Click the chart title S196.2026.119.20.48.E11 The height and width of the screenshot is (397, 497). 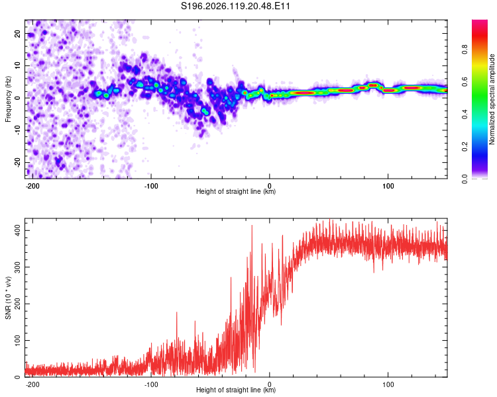pos(235,6)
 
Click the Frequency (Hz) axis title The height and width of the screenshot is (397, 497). pos(8,99)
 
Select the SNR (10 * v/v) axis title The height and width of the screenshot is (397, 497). pos(8,298)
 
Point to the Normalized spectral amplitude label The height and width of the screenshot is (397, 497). pos(492,99)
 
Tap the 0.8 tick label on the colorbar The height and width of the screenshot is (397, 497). pos(465,50)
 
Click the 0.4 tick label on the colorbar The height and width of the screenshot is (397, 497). pos(465,114)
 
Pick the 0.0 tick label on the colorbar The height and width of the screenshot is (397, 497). pos(465,179)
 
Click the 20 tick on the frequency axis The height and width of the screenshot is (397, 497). pos(18,33)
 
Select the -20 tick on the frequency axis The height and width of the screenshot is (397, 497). pos(18,162)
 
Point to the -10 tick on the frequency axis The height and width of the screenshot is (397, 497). pos(18,130)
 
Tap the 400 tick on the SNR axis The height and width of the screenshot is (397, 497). pos(18,230)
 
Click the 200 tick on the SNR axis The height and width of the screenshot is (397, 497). pos(18,304)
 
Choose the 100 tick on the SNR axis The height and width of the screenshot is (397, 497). pos(18,340)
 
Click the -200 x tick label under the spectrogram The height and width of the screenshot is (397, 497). pos(32,186)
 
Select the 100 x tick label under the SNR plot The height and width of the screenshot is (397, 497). pos(388,384)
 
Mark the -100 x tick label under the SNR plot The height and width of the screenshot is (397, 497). pos(151,384)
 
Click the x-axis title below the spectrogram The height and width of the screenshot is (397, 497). pos(236,191)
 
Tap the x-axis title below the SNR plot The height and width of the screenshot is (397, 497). pos(236,390)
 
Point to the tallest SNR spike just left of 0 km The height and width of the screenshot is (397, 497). pos(252,226)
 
